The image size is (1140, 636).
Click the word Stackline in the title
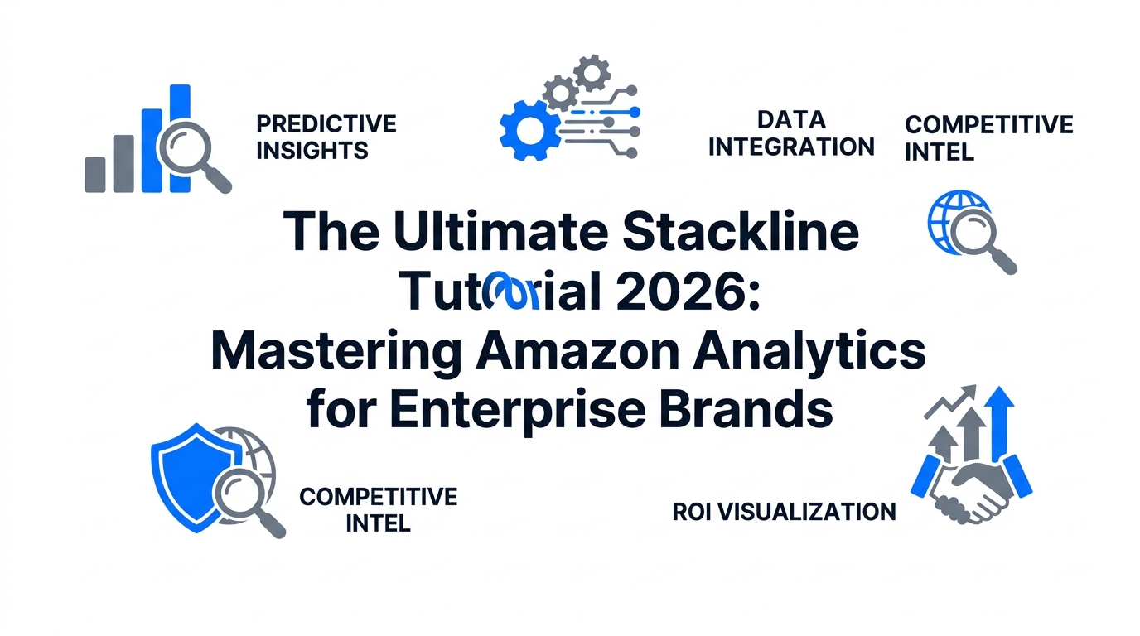[741, 232]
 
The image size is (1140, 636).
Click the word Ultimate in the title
[500, 232]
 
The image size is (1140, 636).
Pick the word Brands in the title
[746, 410]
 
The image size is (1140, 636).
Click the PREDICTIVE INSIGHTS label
[326, 137]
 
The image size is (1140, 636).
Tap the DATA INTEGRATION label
[791, 133]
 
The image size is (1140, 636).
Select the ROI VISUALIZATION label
[785, 512]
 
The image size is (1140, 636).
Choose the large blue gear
[529, 131]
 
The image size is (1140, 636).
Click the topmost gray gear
[592, 73]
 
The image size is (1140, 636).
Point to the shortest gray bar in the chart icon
[95, 175]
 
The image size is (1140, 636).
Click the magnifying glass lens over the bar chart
[185, 147]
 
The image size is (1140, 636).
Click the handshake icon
[971, 488]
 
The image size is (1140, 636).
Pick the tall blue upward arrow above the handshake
[999, 422]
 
